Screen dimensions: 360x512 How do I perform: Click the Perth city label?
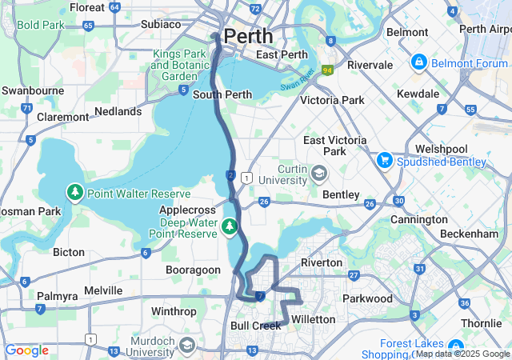(x=248, y=36)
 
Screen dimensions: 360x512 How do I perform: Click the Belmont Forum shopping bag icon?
(x=418, y=62)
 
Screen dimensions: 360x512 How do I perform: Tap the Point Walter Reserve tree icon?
(x=74, y=193)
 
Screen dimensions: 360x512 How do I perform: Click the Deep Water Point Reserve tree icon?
(x=230, y=227)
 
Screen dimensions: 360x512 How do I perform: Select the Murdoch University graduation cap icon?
(x=186, y=345)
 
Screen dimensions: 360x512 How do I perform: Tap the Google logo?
(x=26, y=350)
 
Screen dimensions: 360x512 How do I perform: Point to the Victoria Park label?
(x=331, y=100)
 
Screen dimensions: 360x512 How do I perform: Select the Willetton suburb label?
(x=313, y=319)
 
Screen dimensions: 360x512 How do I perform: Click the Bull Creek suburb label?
(x=255, y=326)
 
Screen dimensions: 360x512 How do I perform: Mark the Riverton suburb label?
(x=321, y=262)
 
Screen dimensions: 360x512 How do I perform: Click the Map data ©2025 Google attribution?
(x=462, y=354)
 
